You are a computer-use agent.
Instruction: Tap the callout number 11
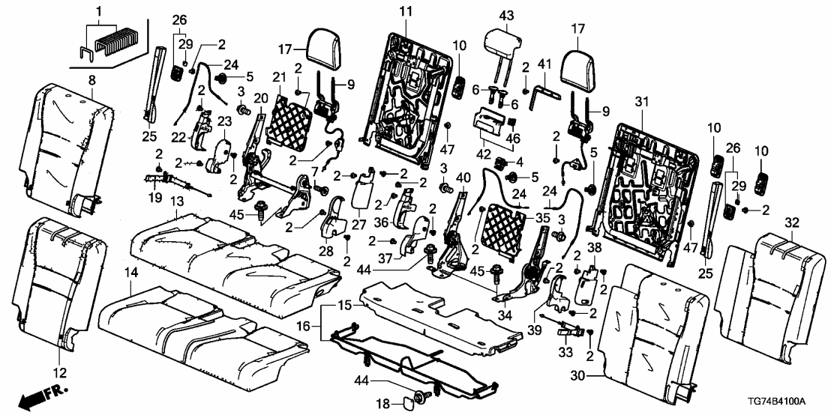coord(405,11)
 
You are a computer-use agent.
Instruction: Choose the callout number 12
coord(60,372)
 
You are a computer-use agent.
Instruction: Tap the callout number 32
coord(790,222)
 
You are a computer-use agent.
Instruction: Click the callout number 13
coord(177,203)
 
